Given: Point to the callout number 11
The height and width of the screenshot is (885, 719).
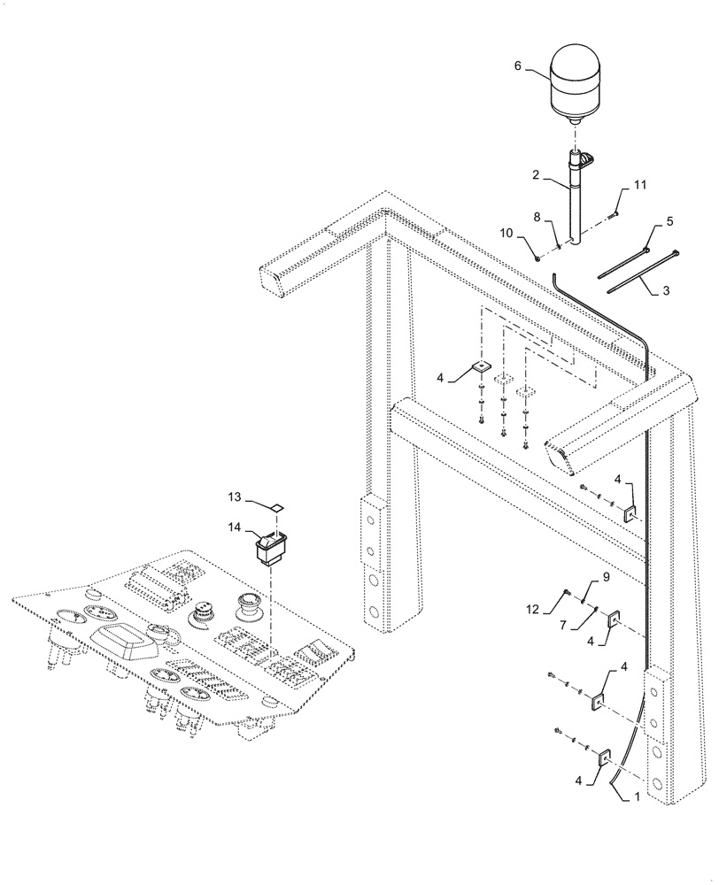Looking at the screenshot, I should click(639, 185).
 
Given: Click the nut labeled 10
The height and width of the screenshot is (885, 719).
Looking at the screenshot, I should click(537, 258).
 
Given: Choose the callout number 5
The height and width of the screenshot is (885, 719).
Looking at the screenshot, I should click(669, 220).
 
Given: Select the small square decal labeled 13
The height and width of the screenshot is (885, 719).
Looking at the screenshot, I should click(277, 508).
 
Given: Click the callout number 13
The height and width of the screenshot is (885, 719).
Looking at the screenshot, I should click(234, 497).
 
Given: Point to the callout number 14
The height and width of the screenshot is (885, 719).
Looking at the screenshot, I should click(234, 527).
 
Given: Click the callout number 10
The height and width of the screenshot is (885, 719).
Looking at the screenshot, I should click(506, 233).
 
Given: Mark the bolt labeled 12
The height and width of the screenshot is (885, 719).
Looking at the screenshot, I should click(565, 594).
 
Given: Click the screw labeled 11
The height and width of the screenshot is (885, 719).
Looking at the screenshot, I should click(613, 212).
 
